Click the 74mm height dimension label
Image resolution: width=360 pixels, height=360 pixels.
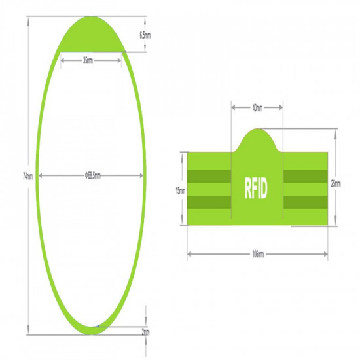[27, 175]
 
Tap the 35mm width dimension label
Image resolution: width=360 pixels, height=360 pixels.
[88, 60]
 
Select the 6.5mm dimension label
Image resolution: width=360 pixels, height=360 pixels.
[145, 35]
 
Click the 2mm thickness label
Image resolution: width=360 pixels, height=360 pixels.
[145, 333]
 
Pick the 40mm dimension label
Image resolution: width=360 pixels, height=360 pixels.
[257, 108]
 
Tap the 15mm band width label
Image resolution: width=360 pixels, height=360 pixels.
[180, 190]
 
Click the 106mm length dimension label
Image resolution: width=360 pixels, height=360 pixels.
[257, 253]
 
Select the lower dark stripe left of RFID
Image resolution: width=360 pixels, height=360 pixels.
[209, 202]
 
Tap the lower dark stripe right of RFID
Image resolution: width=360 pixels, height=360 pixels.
[305, 202]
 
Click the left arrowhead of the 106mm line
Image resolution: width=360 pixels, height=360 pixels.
[189, 253]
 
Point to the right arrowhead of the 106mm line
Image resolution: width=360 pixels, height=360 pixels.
[326, 253]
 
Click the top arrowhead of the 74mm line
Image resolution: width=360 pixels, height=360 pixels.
[28, 18]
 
